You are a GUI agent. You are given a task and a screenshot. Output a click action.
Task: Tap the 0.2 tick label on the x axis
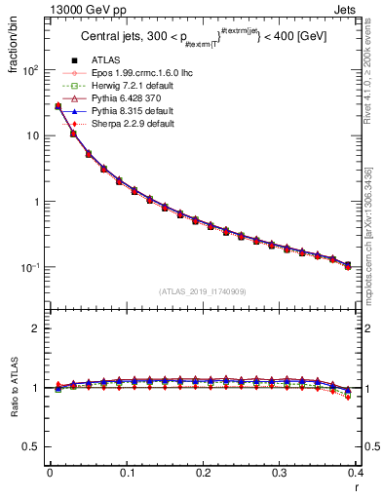(x=203, y=474)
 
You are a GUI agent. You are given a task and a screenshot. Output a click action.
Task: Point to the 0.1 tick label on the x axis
(x=126, y=474)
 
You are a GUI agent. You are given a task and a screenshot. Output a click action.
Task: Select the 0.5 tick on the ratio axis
(x=33, y=446)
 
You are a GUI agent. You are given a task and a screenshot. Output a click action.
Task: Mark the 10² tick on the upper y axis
(x=31, y=70)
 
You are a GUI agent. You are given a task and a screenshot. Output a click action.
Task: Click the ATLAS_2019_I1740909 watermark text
(x=203, y=291)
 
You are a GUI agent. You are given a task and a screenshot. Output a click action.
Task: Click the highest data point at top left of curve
(x=57, y=105)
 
